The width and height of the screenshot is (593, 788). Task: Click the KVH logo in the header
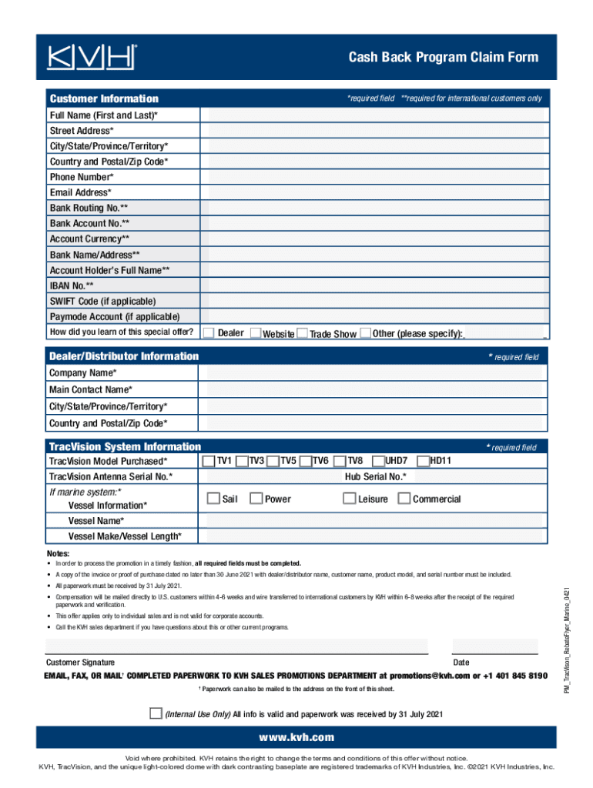pyautogui.click(x=92, y=57)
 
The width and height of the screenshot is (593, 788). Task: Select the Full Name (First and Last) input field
pyautogui.click(x=373, y=115)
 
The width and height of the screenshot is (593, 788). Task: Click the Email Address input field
pyautogui.click(x=373, y=192)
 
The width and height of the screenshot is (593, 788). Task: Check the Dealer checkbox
pyautogui.click(x=209, y=332)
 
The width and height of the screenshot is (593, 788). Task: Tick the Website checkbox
pyautogui.click(x=256, y=333)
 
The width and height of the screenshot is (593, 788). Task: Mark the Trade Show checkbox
pyautogui.click(x=303, y=333)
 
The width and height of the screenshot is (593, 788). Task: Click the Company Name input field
pyautogui.click(x=373, y=372)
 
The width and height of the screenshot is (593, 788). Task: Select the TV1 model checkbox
pyautogui.click(x=209, y=461)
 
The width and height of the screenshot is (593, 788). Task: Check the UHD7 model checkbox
pyautogui.click(x=378, y=461)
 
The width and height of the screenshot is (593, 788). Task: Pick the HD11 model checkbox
pyautogui.click(x=423, y=461)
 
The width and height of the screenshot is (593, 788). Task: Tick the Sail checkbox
pyautogui.click(x=213, y=499)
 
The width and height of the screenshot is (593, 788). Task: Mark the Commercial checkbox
pyautogui.click(x=404, y=499)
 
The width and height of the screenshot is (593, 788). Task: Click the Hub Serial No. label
pyautogui.click(x=375, y=477)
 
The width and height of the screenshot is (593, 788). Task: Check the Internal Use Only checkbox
pyautogui.click(x=156, y=713)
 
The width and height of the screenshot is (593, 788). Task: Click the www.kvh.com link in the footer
pyautogui.click(x=296, y=737)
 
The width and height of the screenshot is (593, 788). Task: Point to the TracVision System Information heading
pyautogui.click(x=125, y=446)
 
